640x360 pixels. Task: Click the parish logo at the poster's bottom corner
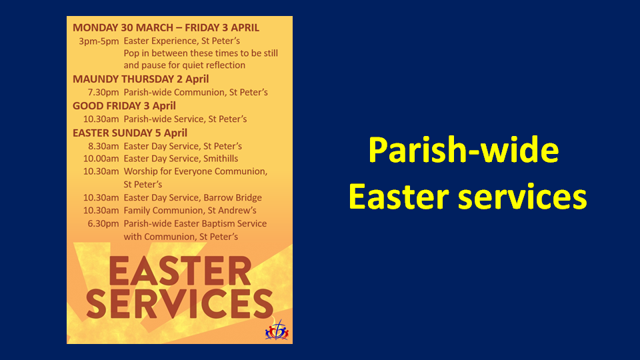(277, 330)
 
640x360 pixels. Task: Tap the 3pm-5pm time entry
(99, 41)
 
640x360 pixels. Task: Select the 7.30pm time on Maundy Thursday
(103, 93)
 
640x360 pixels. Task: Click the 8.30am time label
(103, 146)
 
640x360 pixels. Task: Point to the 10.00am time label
(101, 159)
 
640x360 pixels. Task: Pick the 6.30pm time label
(103, 224)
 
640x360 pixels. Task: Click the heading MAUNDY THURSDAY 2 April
(141, 79)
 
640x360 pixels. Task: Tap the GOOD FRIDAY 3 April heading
(124, 106)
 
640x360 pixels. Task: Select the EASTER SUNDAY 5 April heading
(130, 133)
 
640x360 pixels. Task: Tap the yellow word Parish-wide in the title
(464, 150)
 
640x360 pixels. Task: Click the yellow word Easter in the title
(399, 196)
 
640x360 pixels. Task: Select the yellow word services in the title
(523, 196)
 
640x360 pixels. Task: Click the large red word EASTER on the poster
(180, 271)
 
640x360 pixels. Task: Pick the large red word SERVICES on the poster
(179, 304)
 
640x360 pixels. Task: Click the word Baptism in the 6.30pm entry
(227, 224)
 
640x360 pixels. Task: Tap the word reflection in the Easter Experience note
(225, 65)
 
